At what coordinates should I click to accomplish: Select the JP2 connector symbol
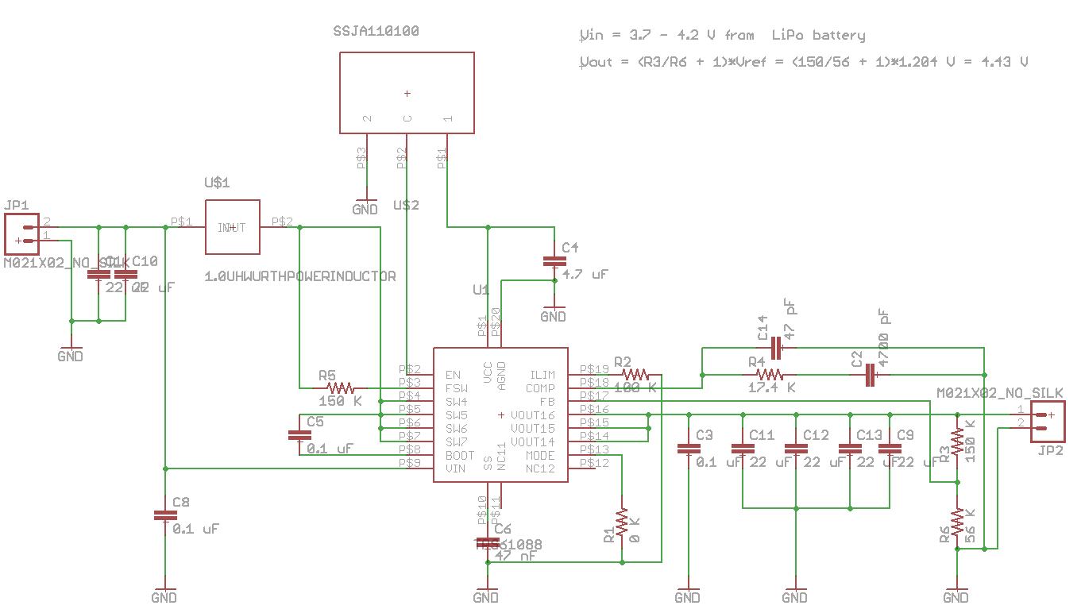click(x=1048, y=422)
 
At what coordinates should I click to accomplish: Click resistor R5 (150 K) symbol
click(x=340, y=388)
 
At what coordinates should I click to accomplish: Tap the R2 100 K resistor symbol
click(x=635, y=374)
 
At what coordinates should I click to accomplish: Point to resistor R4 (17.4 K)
click(x=770, y=374)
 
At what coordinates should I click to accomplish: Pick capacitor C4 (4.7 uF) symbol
click(x=554, y=261)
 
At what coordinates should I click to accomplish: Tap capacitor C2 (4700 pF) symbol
click(x=870, y=374)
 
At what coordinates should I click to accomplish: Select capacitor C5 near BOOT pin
click(x=299, y=435)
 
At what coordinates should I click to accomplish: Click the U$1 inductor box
click(x=232, y=227)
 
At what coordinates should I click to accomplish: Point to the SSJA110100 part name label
click(x=376, y=32)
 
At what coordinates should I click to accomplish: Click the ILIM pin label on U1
click(x=542, y=375)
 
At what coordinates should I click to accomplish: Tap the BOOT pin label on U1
click(x=459, y=456)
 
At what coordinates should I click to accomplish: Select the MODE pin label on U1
click(x=540, y=456)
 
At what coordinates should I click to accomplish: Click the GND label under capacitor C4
click(x=553, y=317)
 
